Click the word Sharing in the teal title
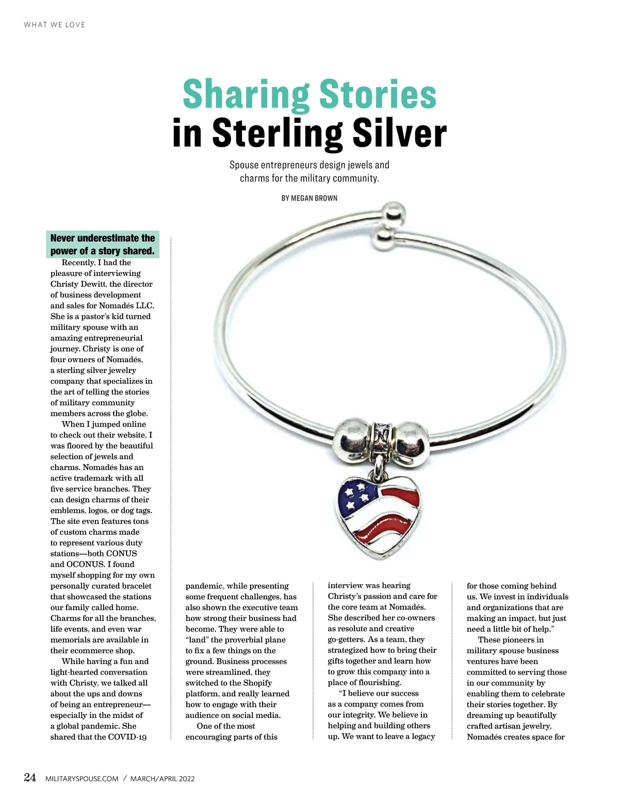tap(246, 95)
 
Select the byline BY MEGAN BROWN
tap(309, 198)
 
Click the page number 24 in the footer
tap(30, 778)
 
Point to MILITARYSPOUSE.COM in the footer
tap(82, 779)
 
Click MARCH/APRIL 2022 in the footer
tap(162, 779)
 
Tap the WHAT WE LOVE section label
tap(55, 25)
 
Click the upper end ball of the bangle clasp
tap(394, 212)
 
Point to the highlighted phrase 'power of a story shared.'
tap(103, 251)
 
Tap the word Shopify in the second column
tap(257, 683)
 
